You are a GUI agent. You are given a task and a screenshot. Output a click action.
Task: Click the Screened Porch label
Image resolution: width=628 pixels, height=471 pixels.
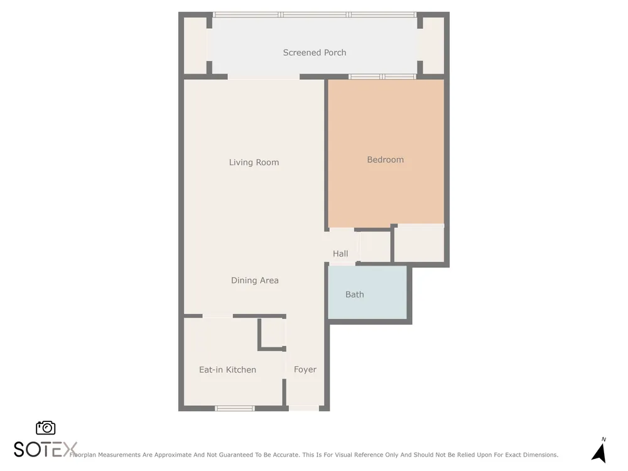pyautogui.click(x=315, y=53)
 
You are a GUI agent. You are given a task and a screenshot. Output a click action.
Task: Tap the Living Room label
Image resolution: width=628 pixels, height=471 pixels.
pyautogui.click(x=254, y=162)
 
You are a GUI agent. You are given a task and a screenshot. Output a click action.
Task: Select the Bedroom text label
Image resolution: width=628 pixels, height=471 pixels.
pyautogui.click(x=386, y=160)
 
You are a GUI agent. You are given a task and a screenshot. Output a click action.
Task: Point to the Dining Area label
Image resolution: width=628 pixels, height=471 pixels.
pyautogui.click(x=255, y=280)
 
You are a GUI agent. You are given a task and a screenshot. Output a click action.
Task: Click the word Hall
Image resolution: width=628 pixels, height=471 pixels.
pyautogui.click(x=340, y=254)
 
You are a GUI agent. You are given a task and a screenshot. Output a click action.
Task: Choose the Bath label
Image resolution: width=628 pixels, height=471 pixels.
pyautogui.click(x=354, y=295)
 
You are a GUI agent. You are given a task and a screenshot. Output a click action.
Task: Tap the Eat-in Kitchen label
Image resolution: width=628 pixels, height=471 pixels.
pyautogui.click(x=227, y=370)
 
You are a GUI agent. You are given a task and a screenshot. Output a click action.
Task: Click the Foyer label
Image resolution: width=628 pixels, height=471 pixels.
pyautogui.click(x=305, y=369)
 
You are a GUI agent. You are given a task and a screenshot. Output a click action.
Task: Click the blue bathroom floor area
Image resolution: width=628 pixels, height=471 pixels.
pyautogui.click(x=367, y=293)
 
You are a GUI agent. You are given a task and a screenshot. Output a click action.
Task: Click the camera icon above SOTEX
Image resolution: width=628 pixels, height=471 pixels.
pyautogui.click(x=46, y=428)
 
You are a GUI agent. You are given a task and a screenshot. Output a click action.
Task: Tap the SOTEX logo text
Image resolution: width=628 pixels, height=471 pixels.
pyautogui.click(x=45, y=450)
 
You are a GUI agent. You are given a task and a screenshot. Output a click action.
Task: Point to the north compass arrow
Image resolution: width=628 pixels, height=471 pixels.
pyautogui.click(x=599, y=453)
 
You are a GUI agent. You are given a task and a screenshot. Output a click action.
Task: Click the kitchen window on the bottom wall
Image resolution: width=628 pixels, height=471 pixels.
pyautogui.click(x=235, y=409)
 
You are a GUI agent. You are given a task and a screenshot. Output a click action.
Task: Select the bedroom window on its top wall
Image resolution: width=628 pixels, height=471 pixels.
pyautogui.click(x=382, y=77)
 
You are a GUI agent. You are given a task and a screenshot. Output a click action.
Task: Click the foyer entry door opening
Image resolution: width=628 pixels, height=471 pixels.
pyautogui.click(x=304, y=409)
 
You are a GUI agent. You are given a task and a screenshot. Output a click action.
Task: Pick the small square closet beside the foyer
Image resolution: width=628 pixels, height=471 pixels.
pyautogui.click(x=273, y=333)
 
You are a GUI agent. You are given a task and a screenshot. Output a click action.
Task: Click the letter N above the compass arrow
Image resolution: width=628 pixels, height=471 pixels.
pyautogui.click(x=604, y=440)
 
